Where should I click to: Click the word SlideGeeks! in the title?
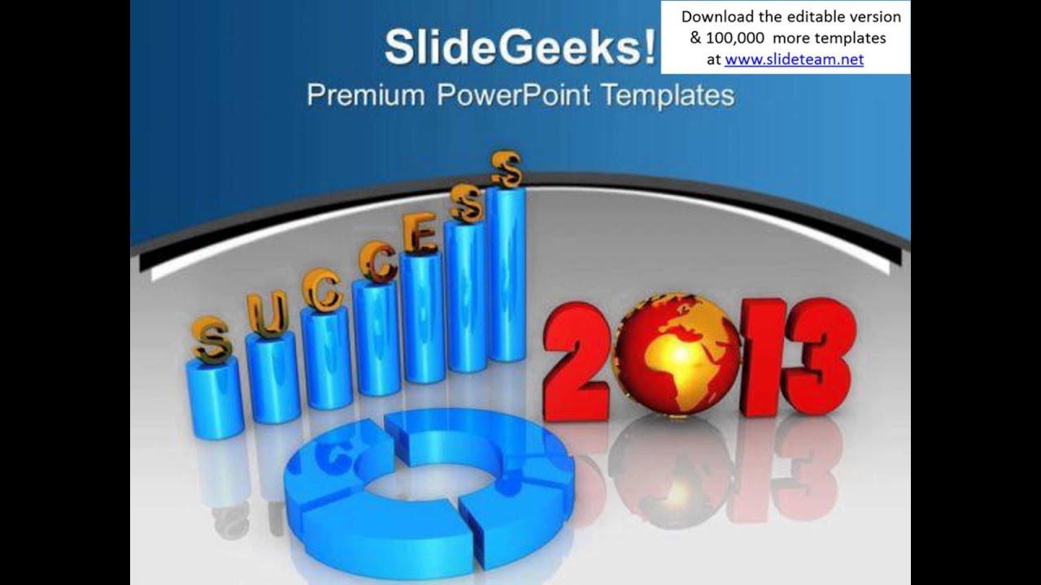(519, 47)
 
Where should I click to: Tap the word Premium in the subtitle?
(365, 95)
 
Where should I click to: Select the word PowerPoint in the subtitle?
(513, 95)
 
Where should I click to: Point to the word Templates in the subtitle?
(668, 95)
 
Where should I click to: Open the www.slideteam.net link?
(794, 59)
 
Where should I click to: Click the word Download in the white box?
(717, 17)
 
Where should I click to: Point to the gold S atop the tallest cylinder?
(507, 168)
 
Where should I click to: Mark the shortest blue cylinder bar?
(215, 397)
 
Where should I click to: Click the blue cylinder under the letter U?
(272, 378)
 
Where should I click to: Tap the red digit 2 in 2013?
(577, 362)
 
